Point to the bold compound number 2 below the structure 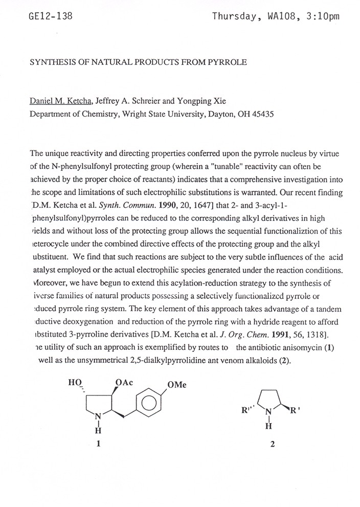pos(273,444)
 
